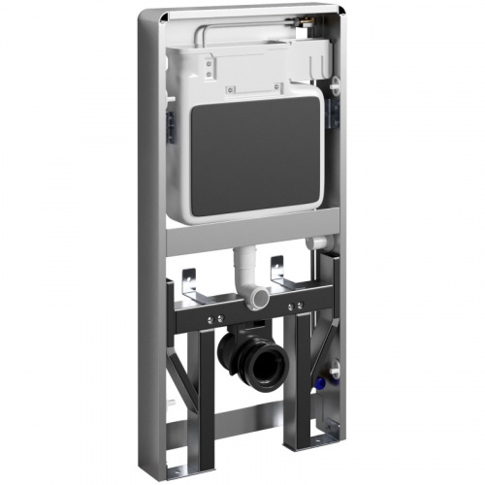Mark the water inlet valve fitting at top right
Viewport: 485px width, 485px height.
317,58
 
